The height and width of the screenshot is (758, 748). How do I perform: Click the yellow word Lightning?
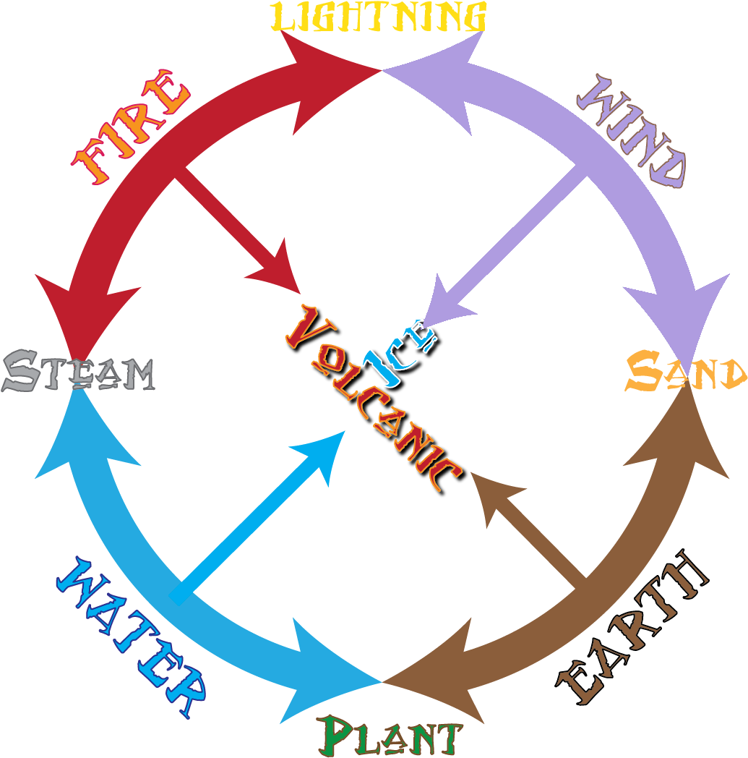[x=378, y=17]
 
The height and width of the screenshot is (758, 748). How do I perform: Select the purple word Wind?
[x=633, y=130]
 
